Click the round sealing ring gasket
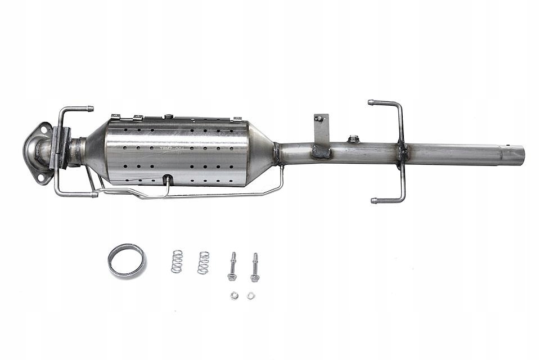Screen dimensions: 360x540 (127, 261)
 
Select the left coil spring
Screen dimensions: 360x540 (177, 262)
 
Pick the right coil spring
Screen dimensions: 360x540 (203, 263)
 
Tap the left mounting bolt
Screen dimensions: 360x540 (232, 267)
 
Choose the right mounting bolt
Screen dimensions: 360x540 (255, 267)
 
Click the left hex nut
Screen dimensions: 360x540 (233, 295)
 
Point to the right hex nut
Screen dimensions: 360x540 (251, 295)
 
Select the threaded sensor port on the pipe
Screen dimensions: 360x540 (353, 139)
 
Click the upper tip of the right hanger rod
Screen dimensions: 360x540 (371, 102)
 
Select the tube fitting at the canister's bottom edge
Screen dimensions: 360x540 (167, 179)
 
